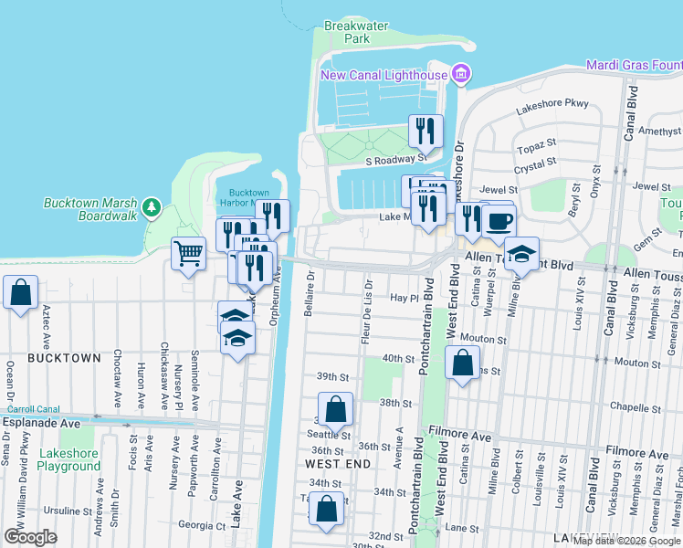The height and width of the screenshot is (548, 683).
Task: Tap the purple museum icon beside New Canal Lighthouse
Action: (x=461, y=74)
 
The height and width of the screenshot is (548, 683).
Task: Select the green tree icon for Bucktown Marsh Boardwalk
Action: (x=152, y=209)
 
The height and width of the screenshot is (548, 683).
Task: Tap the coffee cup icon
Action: (x=499, y=221)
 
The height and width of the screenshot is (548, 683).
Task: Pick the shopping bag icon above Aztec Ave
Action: (x=20, y=293)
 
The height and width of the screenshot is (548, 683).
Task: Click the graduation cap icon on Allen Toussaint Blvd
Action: (x=521, y=255)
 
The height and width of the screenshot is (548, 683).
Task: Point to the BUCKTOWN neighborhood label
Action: (x=64, y=358)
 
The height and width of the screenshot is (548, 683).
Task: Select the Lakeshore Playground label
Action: (x=69, y=459)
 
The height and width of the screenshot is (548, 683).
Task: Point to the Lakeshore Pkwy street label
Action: (x=552, y=104)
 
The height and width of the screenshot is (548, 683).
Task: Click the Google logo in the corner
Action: (x=30, y=536)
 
